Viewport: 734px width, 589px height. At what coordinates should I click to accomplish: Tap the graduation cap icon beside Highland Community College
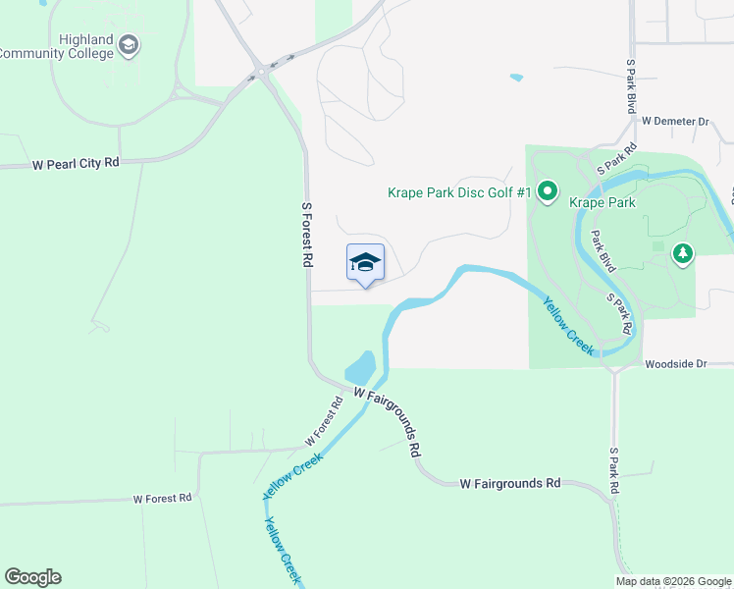(x=129, y=45)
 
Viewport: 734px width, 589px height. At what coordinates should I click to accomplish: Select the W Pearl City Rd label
(x=76, y=163)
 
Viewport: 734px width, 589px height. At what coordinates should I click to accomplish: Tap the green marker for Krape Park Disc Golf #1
(x=548, y=192)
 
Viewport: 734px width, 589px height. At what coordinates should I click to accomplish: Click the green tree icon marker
(x=683, y=254)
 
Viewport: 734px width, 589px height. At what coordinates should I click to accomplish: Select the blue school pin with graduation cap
(x=365, y=263)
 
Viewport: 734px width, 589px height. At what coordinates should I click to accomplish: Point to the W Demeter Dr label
(x=675, y=122)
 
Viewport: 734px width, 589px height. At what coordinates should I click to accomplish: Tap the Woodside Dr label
(x=675, y=363)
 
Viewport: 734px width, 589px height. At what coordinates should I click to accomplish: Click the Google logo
(x=32, y=577)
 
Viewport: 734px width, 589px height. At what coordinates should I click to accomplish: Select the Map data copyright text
(x=672, y=581)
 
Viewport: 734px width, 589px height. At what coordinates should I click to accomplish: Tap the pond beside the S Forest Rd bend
(x=361, y=369)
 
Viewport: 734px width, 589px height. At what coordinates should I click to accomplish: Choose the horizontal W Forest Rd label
(x=163, y=499)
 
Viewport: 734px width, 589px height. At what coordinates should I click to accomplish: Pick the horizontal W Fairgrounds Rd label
(x=510, y=483)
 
